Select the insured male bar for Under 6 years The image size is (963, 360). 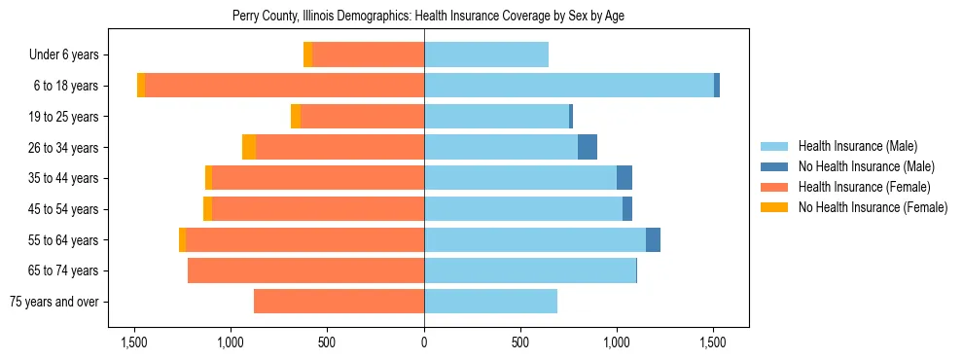(486, 54)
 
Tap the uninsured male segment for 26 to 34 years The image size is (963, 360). (588, 147)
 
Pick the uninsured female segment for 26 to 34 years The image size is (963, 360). (249, 147)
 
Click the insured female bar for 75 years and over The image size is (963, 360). (339, 302)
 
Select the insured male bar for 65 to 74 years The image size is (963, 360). (530, 270)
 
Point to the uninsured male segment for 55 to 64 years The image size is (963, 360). (653, 239)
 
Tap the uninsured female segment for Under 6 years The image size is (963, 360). (308, 54)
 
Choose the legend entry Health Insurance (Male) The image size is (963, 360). (857, 146)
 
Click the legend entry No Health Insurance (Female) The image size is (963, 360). (873, 207)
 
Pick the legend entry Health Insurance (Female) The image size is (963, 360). (864, 187)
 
